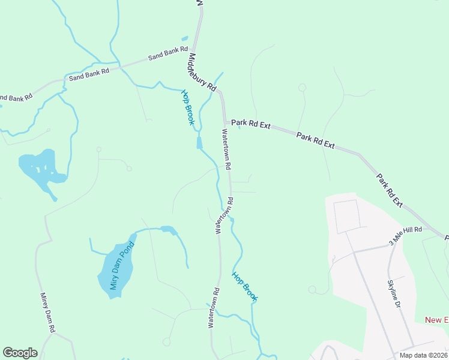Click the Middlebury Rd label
click(x=202, y=72)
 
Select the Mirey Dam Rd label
click(x=47, y=313)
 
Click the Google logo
click(x=20, y=353)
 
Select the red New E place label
click(x=436, y=320)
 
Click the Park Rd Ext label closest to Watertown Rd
click(x=251, y=125)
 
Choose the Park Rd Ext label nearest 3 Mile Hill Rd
click(x=390, y=191)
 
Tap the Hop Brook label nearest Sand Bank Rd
click(x=188, y=107)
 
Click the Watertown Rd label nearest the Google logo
click(x=214, y=308)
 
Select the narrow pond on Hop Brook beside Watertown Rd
click(x=199, y=143)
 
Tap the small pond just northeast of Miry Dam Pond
click(x=168, y=230)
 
